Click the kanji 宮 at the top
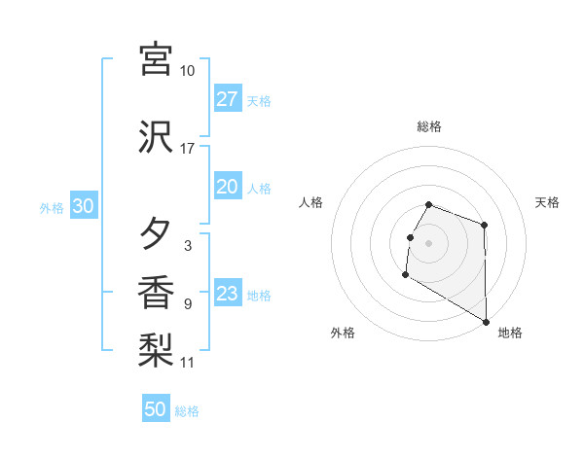pos(156,59)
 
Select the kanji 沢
pos(156,137)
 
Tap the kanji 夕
pos(156,234)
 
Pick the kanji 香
pos(156,293)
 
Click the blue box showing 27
pos(228,99)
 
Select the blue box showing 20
pos(228,187)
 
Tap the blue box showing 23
pos(228,294)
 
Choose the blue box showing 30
pos(83,206)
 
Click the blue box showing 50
pos(156,409)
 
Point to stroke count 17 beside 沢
pos(188,149)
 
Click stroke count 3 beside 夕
pos(187,246)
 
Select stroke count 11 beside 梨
pos(188,363)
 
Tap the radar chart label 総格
pos(429,126)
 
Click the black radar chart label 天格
pos(547,202)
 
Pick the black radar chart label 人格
pos(311,202)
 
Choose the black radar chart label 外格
pos(343,333)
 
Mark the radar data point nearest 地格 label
pos(487,322)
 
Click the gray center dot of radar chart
pos(429,243)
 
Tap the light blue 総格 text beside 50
pos(188,411)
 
